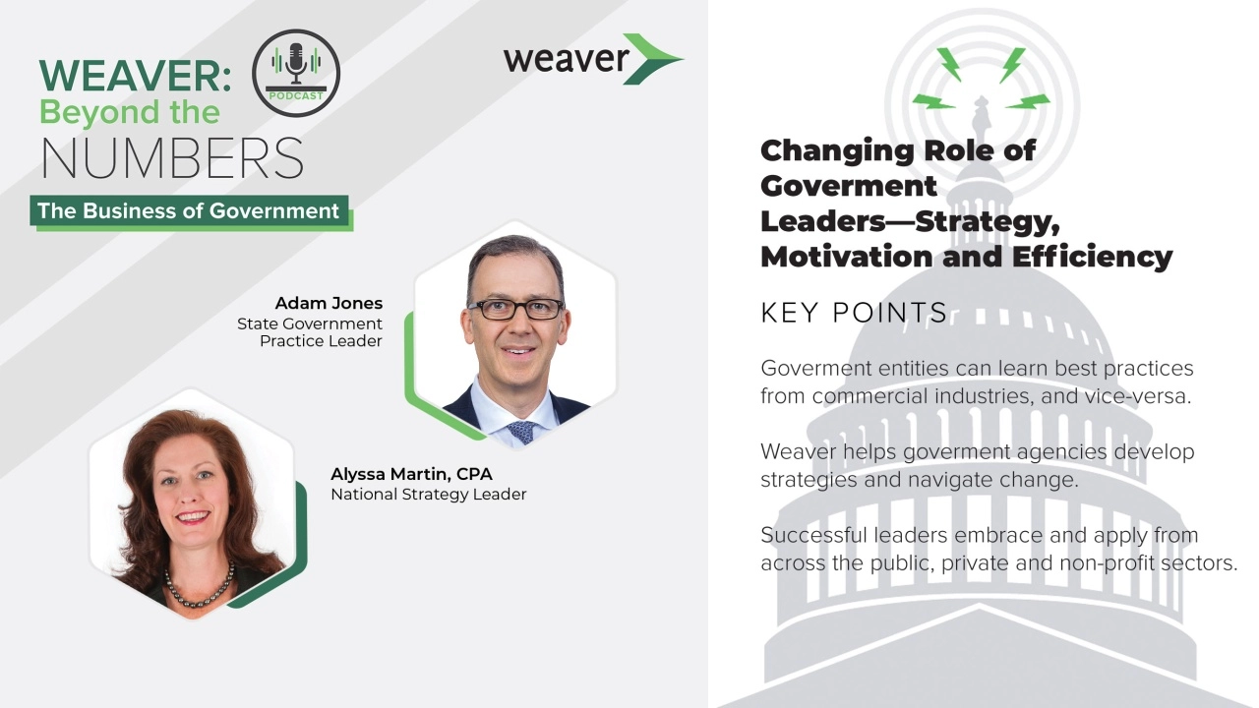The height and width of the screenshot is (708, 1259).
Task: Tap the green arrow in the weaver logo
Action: pos(650,59)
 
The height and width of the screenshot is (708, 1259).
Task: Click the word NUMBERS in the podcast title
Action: pos(172,159)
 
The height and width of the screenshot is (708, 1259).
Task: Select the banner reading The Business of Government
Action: pos(189,211)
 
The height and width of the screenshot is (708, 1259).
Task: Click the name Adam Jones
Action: pos(329,303)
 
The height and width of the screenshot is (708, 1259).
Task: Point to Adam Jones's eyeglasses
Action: pos(514,309)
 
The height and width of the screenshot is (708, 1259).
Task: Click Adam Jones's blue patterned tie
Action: pos(521,431)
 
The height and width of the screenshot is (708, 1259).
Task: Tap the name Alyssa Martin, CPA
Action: pos(411,474)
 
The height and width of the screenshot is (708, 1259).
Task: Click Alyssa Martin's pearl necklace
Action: pos(198,588)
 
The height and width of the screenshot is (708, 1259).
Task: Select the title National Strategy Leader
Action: pos(428,495)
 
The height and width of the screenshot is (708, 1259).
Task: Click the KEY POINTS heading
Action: pos(853,313)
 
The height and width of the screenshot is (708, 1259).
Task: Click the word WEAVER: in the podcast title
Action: pos(135,77)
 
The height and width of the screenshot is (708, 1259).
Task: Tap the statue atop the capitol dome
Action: pos(981,116)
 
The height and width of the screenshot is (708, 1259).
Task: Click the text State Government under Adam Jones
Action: pos(309,324)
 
